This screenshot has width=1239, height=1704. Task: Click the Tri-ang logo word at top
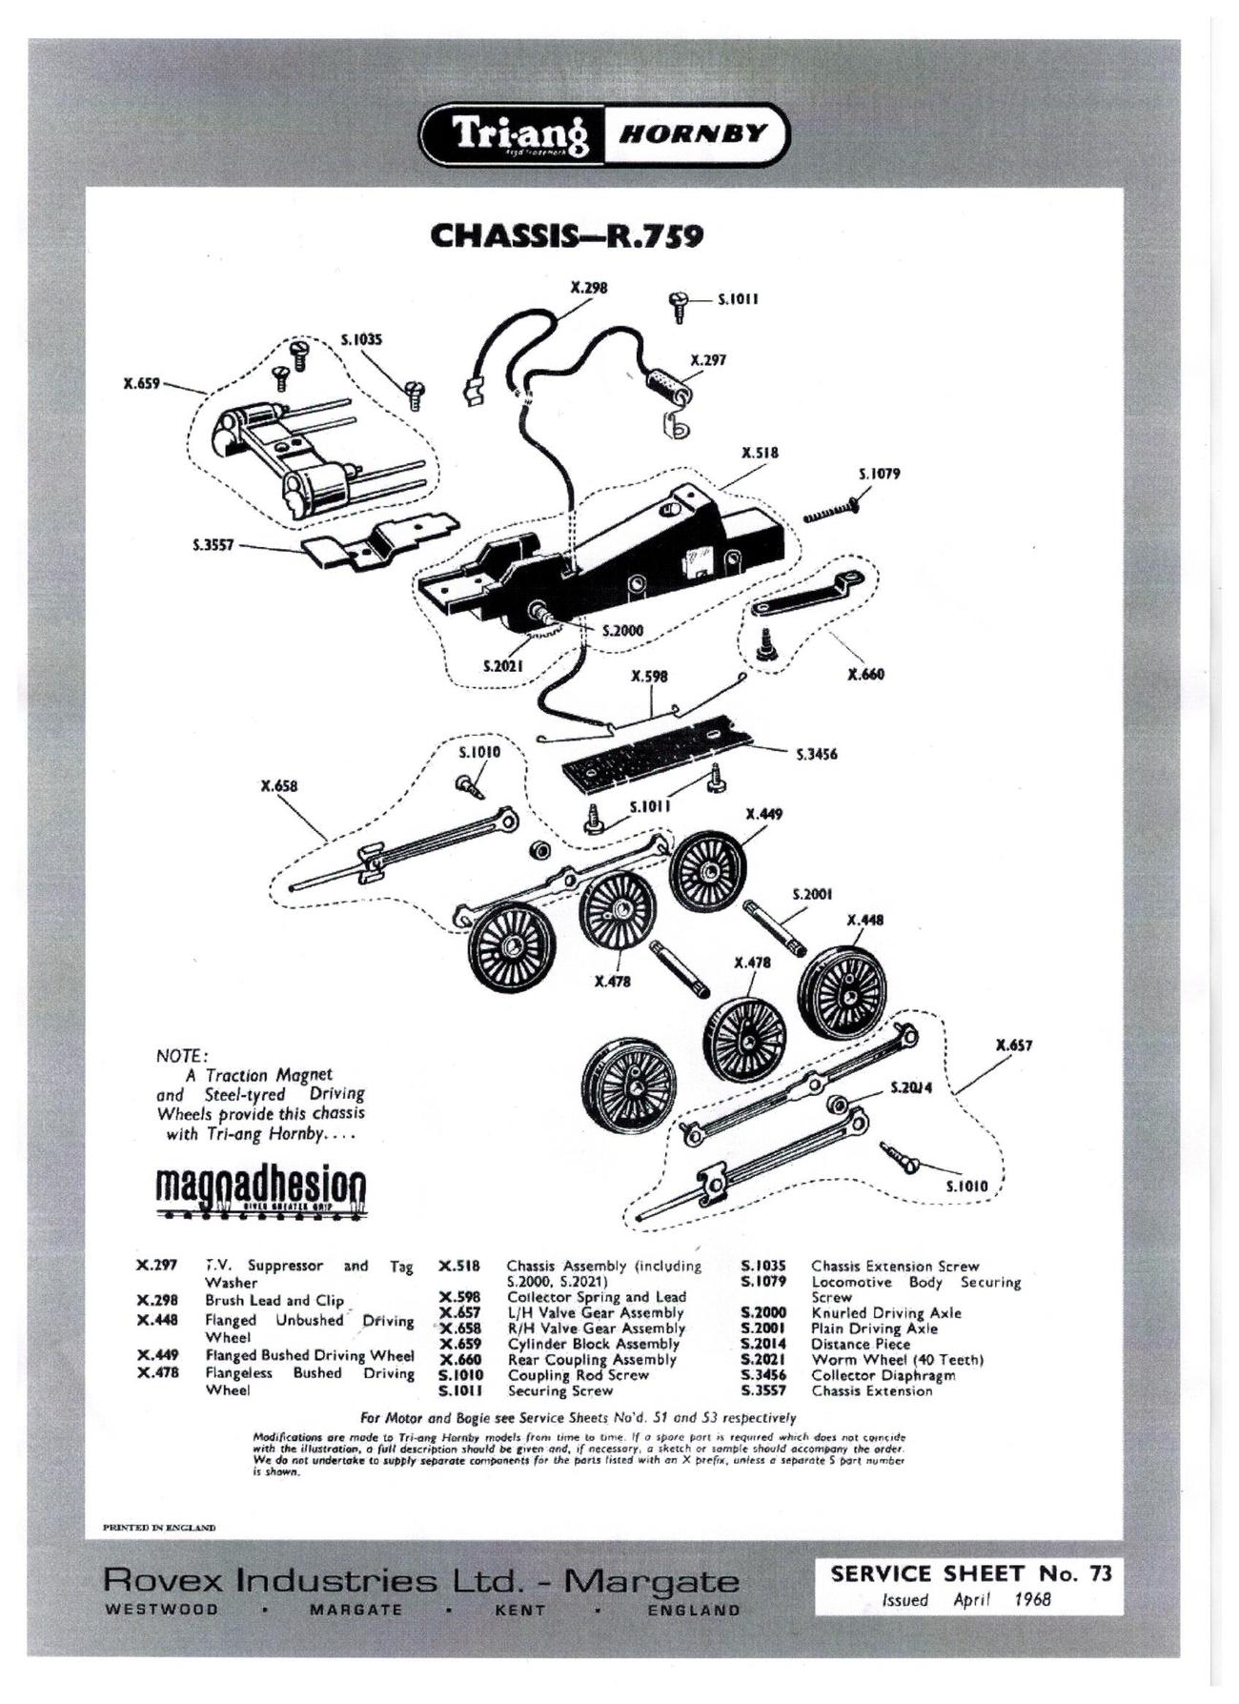coord(520,134)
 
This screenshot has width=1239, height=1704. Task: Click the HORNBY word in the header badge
coord(693,133)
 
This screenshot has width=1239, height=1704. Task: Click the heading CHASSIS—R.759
coord(567,235)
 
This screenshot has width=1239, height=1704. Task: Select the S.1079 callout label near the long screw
coord(879,474)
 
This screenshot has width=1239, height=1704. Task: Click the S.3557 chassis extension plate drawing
coord(376,544)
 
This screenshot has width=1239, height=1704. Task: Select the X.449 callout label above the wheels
coord(763,814)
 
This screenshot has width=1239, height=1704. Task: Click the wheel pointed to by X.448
coord(843,989)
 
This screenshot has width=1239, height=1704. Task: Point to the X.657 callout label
coord(1013,1045)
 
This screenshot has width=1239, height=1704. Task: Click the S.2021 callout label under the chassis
coord(502,665)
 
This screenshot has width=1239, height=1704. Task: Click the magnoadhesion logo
coord(260,1190)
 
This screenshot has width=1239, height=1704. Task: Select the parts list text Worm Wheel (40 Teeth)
coord(897,1360)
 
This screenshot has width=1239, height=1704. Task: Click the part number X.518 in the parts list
coord(459,1267)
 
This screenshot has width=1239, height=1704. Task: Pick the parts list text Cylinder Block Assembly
coord(593,1344)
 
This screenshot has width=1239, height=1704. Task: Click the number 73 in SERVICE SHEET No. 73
coord(1100,1573)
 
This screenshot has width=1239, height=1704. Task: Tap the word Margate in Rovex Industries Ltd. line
coord(651,1581)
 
